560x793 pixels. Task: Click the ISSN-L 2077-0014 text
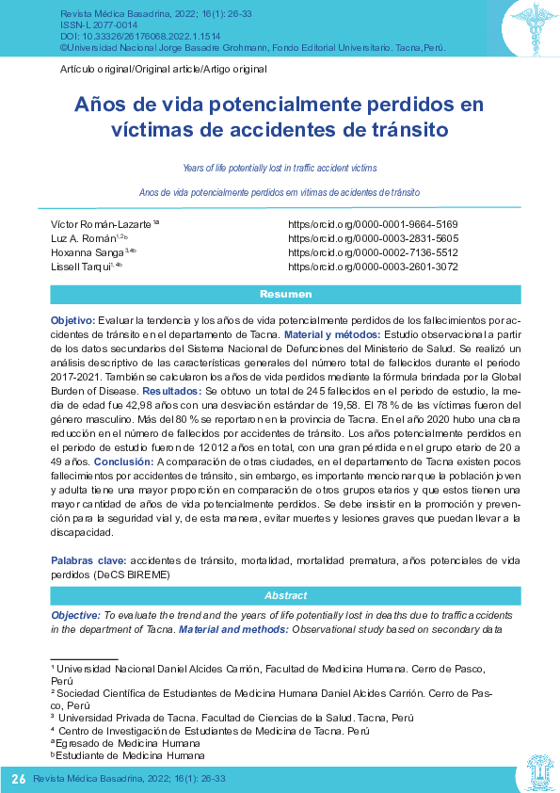(x=93, y=25)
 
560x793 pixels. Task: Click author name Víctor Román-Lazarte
(x=103, y=224)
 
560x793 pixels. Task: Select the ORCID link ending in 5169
(x=373, y=224)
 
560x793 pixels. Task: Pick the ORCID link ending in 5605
(x=373, y=238)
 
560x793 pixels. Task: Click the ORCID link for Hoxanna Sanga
(x=373, y=252)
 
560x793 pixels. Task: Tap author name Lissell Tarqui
(x=82, y=267)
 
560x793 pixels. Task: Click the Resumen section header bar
(x=280, y=294)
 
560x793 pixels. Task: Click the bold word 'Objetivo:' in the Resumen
(x=72, y=321)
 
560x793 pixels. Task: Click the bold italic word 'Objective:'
(x=75, y=614)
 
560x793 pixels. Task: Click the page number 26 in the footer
(x=19, y=779)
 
